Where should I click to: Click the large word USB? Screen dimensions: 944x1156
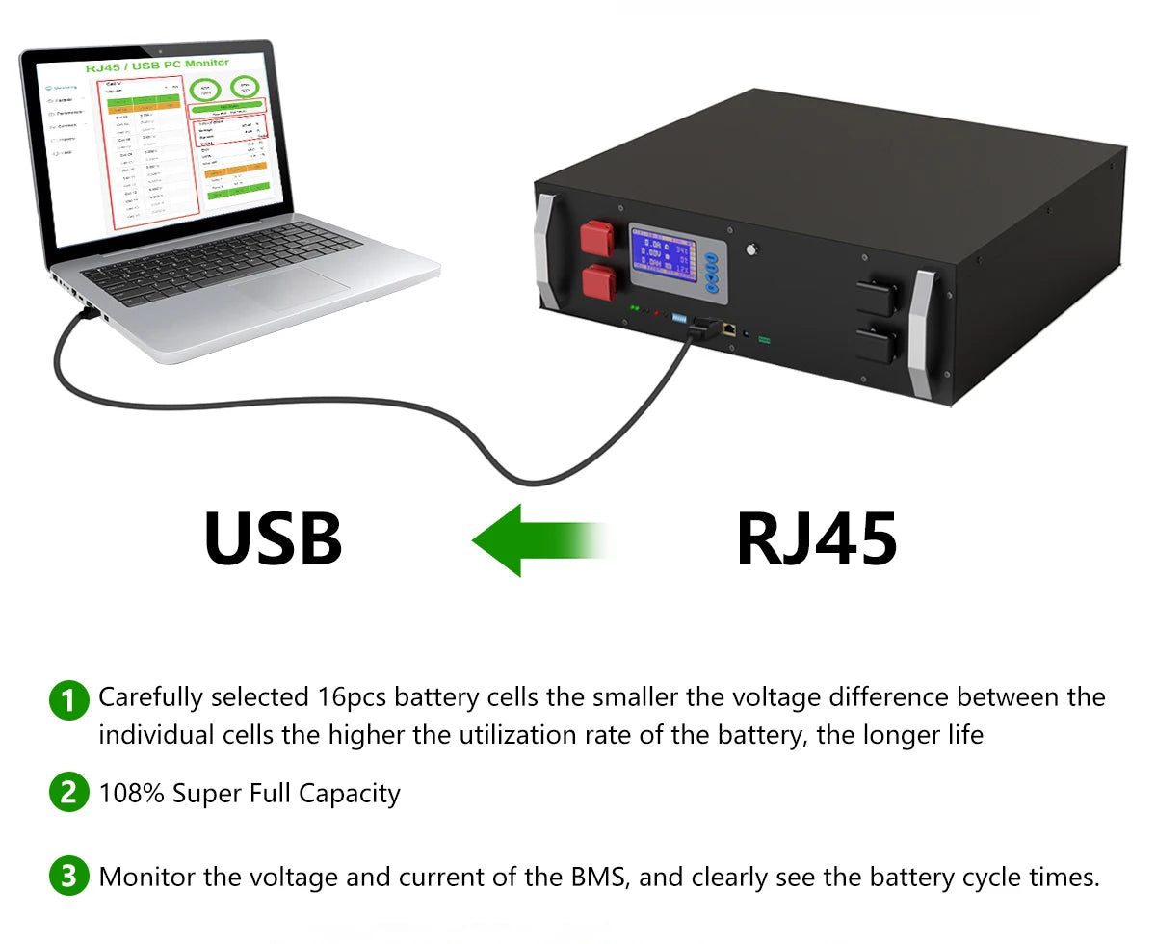(274, 539)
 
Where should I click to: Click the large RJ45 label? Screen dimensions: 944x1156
(817, 539)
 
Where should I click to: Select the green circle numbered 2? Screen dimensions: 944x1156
(68, 793)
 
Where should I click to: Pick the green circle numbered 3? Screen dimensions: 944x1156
(68, 877)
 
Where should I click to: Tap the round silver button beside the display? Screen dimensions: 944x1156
(749, 249)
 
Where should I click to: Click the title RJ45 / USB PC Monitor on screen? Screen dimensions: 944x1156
(157, 64)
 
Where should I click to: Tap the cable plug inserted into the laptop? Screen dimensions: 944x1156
(87, 310)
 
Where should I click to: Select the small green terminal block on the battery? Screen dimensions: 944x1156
(765, 339)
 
